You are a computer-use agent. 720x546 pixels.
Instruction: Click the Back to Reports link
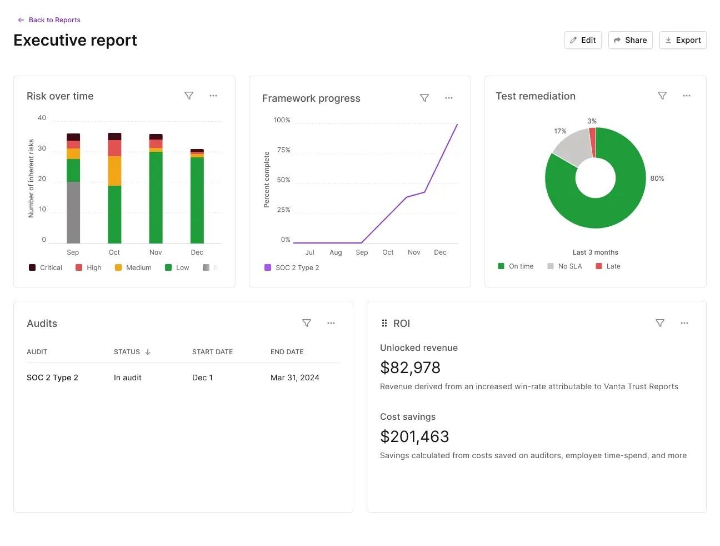click(x=49, y=20)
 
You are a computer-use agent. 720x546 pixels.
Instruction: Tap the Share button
click(x=630, y=40)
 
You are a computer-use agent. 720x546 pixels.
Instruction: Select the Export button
click(x=683, y=40)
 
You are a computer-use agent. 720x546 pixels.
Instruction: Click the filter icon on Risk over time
click(x=188, y=96)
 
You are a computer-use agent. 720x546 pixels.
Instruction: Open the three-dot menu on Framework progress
click(x=449, y=98)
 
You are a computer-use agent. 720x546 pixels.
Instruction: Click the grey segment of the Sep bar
click(x=73, y=212)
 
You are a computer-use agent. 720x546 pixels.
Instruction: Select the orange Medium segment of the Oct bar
click(x=114, y=171)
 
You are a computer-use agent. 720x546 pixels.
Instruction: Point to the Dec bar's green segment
click(x=197, y=200)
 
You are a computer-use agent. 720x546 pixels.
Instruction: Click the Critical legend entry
click(x=45, y=267)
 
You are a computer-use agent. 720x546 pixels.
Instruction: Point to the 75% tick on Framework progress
click(x=283, y=150)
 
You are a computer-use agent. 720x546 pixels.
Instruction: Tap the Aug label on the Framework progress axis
click(x=336, y=252)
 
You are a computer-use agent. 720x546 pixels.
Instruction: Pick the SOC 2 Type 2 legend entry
click(x=292, y=267)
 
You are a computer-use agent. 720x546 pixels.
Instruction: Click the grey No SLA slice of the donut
click(x=572, y=145)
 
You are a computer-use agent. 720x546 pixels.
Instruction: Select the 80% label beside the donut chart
click(x=657, y=178)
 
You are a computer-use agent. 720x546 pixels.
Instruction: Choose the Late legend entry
click(x=608, y=266)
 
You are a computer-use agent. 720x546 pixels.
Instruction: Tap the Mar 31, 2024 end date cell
click(x=294, y=378)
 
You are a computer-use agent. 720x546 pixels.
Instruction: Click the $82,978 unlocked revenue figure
click(x=410, y=368)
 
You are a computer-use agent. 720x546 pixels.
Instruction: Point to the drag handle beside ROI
click(x=384, y=323)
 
